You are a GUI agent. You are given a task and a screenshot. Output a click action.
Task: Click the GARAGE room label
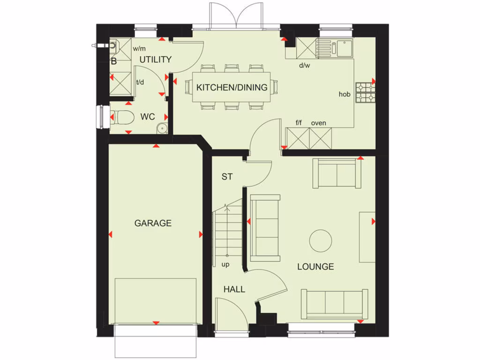pos(153,223)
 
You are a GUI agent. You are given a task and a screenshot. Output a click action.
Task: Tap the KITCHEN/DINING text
pos(232,87)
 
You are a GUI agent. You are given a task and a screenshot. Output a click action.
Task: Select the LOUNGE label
pos(315,266)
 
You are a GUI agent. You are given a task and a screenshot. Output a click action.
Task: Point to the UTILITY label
pos(155,60)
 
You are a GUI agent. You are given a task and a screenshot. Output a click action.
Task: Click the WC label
pos(148,117)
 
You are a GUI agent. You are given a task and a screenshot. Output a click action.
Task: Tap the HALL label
pos(234,289)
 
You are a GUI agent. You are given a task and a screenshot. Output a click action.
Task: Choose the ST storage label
pos(227,177)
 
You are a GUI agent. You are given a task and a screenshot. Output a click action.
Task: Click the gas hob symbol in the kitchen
pos(365,92)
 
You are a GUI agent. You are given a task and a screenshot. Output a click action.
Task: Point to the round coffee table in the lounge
pos(321,240)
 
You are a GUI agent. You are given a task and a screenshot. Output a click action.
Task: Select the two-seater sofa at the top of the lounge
pos(337,173)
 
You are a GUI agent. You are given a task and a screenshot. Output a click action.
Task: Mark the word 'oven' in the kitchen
pos(318,123)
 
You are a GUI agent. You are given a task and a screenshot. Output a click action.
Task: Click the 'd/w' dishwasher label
pos(305,65)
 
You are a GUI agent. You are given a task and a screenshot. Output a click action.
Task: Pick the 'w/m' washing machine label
pos(139,48)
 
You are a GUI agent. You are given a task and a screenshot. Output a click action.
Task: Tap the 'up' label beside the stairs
pos(225,264)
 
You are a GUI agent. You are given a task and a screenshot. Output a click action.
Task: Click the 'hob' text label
pos(345,94)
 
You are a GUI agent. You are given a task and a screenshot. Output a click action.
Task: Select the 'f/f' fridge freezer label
pos(299,123)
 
